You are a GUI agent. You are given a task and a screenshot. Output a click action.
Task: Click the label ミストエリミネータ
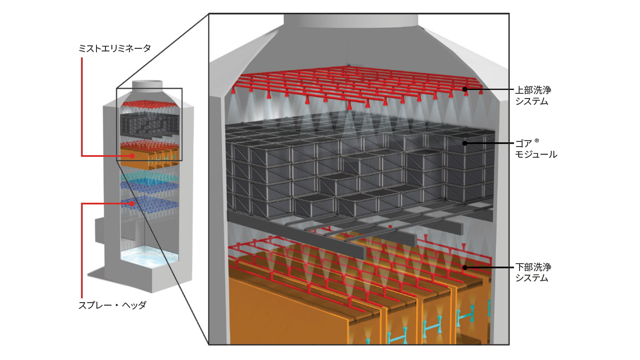[x=114, y=48]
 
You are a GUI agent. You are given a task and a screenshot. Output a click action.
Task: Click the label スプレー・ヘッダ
[x=112, y=305]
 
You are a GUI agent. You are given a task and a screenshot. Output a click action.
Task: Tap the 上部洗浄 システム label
[x=533, y=96]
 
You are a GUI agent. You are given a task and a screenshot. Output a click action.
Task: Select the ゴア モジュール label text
[x=536, y=149]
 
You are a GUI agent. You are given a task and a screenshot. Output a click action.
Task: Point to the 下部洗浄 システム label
[x=533, y=272]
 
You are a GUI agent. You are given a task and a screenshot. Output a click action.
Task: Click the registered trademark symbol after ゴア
[x=537, y=141]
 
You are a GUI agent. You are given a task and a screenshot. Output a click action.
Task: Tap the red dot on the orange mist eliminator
[x=132, y=156]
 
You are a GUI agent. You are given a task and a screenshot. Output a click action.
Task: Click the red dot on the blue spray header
[x=132, y=204]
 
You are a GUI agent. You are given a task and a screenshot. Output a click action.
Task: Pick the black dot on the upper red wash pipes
[x=465, y=90]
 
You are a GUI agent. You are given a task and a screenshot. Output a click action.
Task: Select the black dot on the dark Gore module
[x=465, y=143]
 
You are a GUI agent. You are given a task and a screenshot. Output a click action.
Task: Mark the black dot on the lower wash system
[x=465, y=268]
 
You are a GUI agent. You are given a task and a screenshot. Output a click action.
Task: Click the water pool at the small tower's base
[x=150, y=257]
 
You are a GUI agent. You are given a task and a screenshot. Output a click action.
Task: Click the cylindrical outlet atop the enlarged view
[x=351, y=21]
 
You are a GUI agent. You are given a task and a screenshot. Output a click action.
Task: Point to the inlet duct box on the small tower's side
[x=99, y=231]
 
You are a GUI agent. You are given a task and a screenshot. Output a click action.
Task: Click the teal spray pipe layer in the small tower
[x=150, y=177]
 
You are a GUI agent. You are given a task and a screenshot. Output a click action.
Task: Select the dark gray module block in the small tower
[x=150, y=125]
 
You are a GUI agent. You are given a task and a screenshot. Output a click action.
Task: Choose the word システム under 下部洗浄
[x=532, y=278]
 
